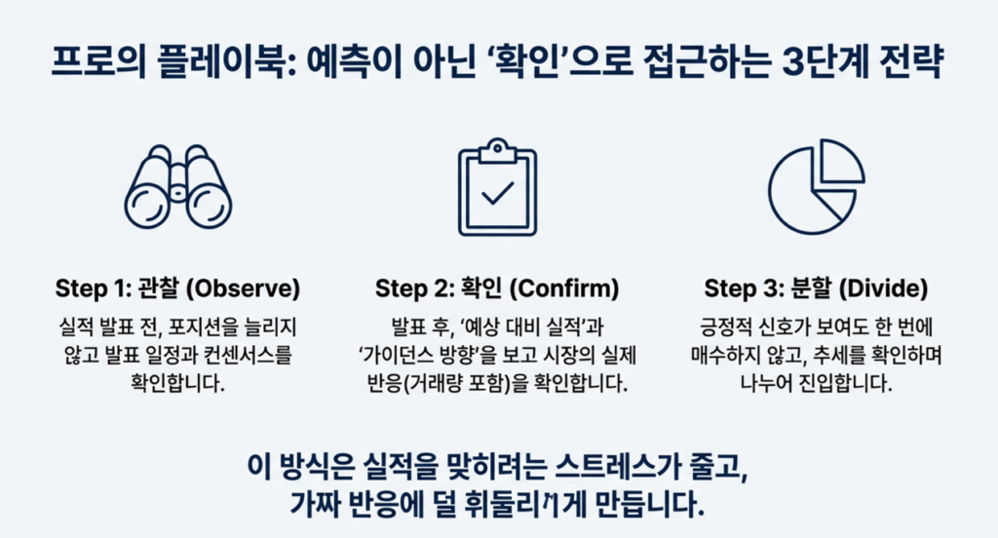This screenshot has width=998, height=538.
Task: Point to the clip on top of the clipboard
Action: coord(497,149)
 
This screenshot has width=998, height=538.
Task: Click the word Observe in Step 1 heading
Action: coord(248,289)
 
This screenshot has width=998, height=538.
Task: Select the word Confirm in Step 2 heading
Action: coord(567,289)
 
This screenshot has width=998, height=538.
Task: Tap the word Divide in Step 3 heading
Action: coord(886,289)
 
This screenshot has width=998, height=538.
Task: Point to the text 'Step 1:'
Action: coord(85,289)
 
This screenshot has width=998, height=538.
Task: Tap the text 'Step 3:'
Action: coord(736,289)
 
